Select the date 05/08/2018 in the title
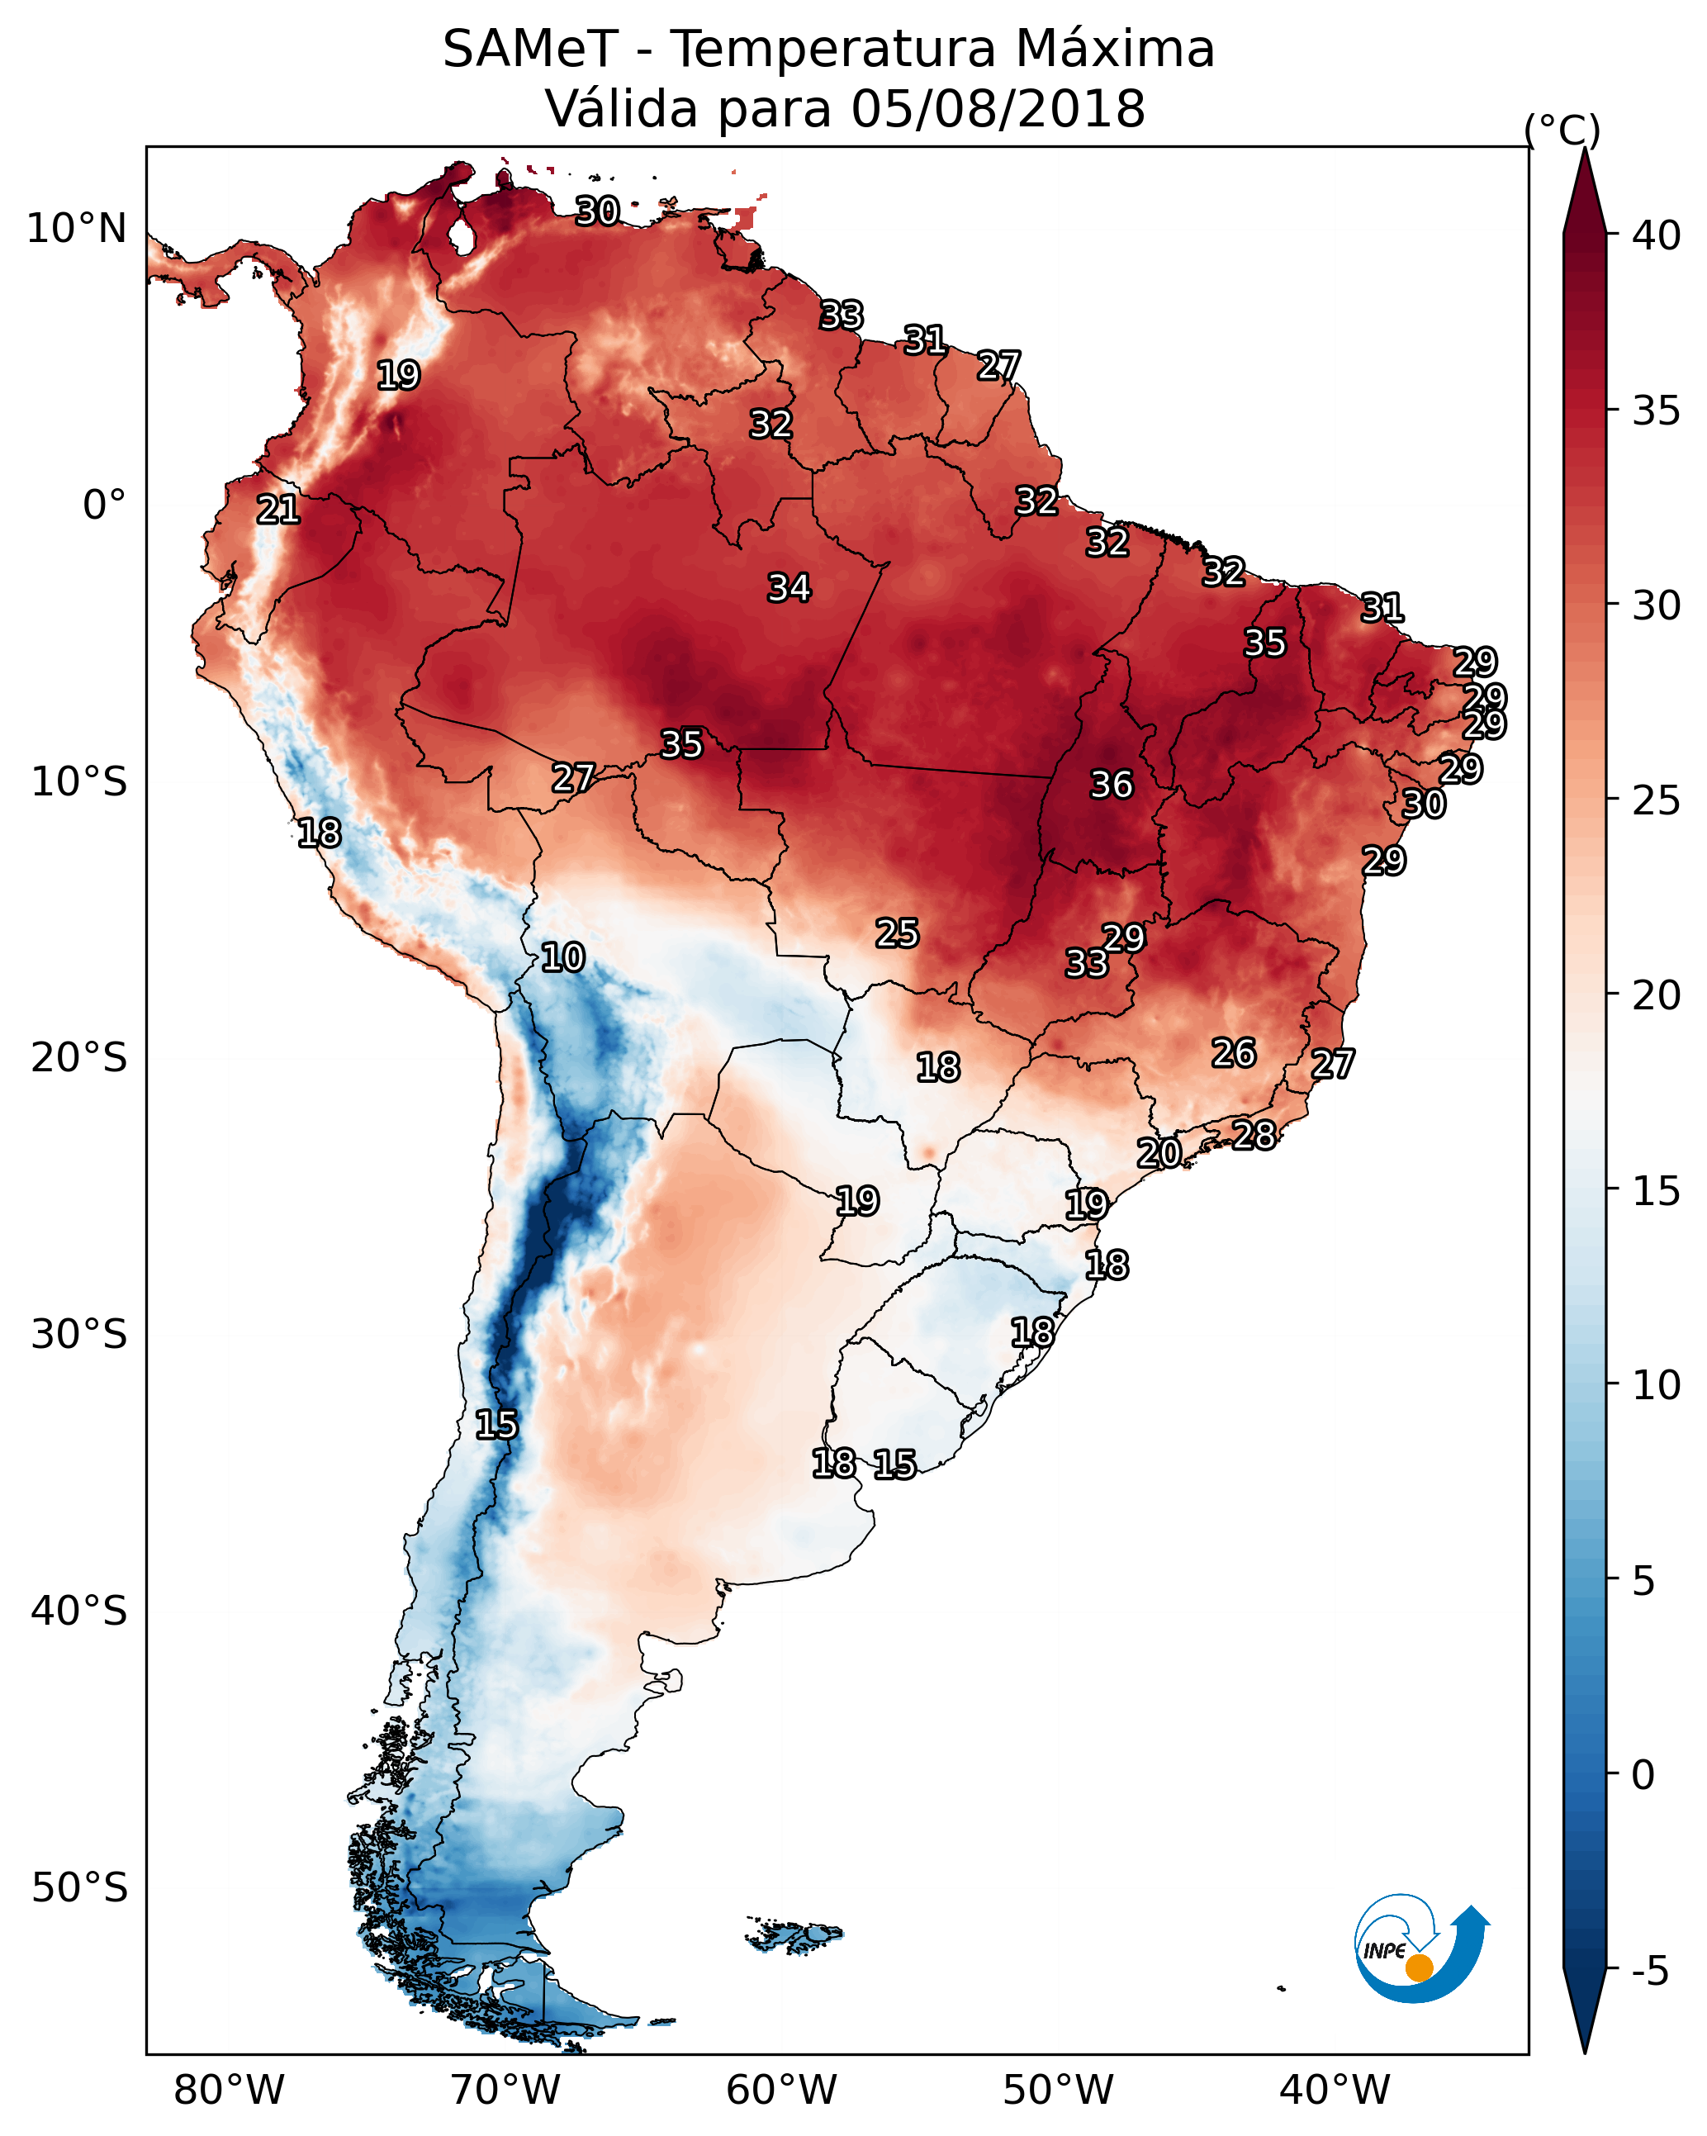(997, 109)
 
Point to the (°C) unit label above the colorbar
(1562, 130)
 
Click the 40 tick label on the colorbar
(1657, 235)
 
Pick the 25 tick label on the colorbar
(1657, 800)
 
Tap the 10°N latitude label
(76, 229)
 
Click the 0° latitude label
(104, 506)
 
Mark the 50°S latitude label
(79, 1888)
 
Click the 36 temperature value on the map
(1111, 785)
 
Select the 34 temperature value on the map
(789, 587)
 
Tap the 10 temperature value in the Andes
(562, 957)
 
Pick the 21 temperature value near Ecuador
(277, 510)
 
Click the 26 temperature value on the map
(1234, 1053)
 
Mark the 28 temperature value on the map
(1254, 1134)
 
